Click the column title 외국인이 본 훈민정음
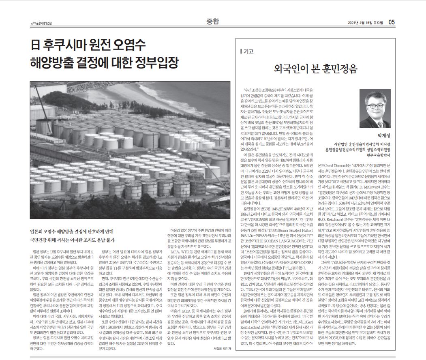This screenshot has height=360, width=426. (316, 68)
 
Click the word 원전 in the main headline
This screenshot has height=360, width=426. (114, 45)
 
